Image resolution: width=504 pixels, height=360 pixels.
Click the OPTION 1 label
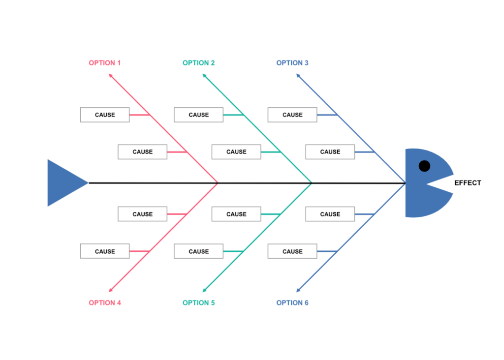coord(104,63)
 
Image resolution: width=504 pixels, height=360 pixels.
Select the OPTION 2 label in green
coord(198,63)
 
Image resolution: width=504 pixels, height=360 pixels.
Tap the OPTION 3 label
coord(292,63)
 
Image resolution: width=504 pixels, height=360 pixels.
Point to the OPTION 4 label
coord(104,303)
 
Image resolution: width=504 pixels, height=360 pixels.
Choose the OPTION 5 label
coord(198,303)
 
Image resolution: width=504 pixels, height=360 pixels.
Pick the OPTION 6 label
coord(292,303)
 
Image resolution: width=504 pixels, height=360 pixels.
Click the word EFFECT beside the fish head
coord(468,183)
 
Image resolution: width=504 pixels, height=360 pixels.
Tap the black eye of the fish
coord(424,166)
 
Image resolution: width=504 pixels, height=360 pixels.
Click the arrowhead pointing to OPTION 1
coord(111,76)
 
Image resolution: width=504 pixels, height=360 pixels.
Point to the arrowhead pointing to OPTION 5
coord(205,290)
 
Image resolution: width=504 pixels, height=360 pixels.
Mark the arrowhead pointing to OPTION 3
coord(298,76)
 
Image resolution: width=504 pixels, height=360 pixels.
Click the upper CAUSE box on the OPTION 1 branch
coord(105,115)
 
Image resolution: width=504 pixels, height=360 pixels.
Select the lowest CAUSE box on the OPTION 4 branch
coord(105,251)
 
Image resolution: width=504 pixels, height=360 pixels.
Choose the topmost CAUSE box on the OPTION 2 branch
coord(198,115)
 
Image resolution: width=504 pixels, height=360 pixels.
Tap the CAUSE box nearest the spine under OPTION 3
coord(330,152)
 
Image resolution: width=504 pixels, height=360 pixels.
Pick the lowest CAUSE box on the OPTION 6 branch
coord(292,251)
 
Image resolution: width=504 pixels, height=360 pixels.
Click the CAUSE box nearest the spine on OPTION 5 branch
coord(236,214)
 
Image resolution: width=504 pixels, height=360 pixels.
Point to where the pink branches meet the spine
coord(218,183)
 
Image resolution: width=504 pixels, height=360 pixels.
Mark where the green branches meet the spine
coord(312,183)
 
